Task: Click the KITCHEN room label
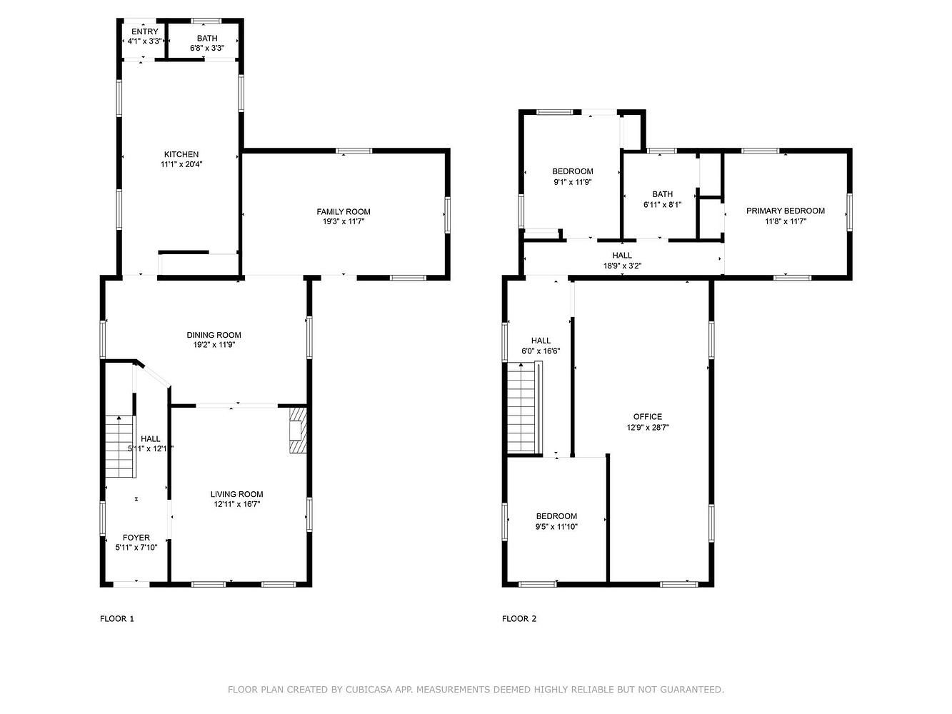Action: tap(181, 154)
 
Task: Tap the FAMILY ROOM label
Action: tap(343, 211)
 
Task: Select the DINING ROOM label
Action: tap(214, 335)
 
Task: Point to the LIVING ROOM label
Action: tap(237, 494)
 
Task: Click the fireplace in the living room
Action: tap(298, 429)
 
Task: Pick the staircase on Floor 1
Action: tap(120, 446)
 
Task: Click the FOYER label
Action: tap(136, 537)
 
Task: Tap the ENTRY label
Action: tap(145, 31)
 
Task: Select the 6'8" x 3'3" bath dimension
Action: tap(207, 48)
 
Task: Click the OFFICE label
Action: tap(648, 416)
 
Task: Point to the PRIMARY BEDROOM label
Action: tap(786, 211)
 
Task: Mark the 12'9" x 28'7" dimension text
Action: tap(648, 428)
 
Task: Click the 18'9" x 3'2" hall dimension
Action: tap(622, 266)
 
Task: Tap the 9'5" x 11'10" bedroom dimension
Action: tap(556, 527)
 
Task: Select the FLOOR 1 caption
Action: tap(117, 618)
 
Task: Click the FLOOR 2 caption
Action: tap(519, 618)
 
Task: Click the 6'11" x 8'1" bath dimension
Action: tap(662, 205)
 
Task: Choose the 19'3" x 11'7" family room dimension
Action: tap(343, 221)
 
